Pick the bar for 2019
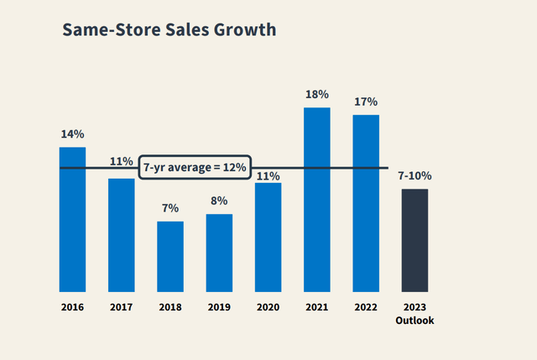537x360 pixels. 219,253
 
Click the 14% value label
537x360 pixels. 72,134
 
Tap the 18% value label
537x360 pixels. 317,95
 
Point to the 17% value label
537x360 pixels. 366,102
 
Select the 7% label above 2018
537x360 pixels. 170,208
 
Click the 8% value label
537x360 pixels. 219,201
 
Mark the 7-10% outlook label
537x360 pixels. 414,176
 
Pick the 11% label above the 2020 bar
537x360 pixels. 268,176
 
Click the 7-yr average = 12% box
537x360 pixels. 194,168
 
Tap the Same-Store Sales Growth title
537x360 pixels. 169,30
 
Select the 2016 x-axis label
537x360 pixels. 72,307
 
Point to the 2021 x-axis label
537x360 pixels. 316,307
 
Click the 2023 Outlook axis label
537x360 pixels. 414,313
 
